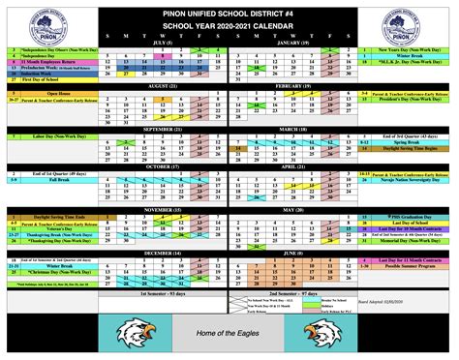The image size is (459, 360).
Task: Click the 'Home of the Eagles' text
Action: [230, 335]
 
